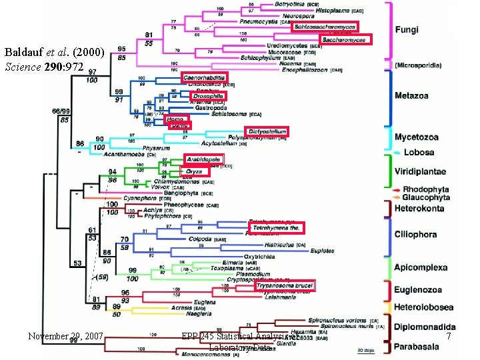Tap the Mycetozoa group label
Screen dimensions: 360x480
point(417,137)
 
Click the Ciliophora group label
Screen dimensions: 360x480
point(415,234)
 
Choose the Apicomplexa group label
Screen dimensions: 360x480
point(420,267)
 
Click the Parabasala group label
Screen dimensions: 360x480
point(419,346)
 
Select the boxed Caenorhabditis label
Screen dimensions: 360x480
point(205,77)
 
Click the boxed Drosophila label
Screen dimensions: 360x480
point(207,96)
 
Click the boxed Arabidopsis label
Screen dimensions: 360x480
point(203,159)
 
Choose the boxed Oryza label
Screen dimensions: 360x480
point(193,171)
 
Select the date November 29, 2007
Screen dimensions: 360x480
point(65,337)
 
